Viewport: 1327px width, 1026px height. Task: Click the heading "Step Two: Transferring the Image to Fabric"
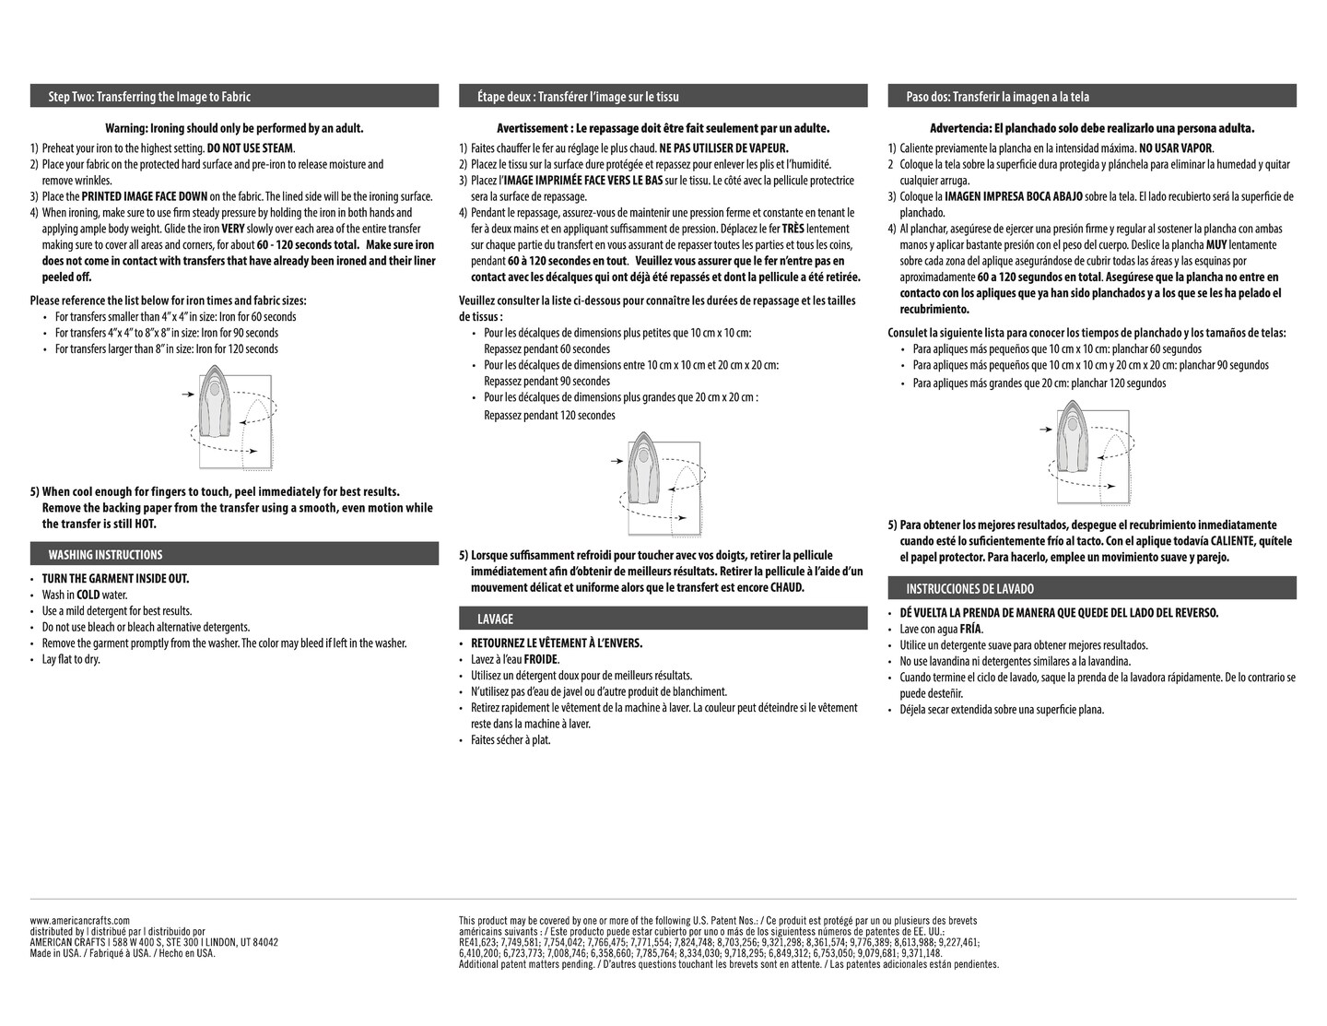[x=149, y=97]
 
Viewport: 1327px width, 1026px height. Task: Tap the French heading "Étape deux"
[x=578, y=97]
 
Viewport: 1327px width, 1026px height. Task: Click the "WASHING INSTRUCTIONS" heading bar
[x=105, y=555]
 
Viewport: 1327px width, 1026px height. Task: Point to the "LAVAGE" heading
[x=495, y=619]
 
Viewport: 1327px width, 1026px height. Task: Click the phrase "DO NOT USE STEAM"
[x=250, y=148]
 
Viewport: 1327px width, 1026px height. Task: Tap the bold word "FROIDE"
[x=541, y=660]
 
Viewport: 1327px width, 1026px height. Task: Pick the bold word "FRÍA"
[x=970, y=630]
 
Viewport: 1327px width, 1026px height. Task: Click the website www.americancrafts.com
[x=80, y=920]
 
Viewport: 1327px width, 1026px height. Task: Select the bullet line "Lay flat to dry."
[x=71, y=660]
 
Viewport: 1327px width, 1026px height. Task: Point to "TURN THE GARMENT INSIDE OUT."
[x=115, y=579]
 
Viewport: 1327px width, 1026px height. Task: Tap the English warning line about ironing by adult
[x=234, y=128]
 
